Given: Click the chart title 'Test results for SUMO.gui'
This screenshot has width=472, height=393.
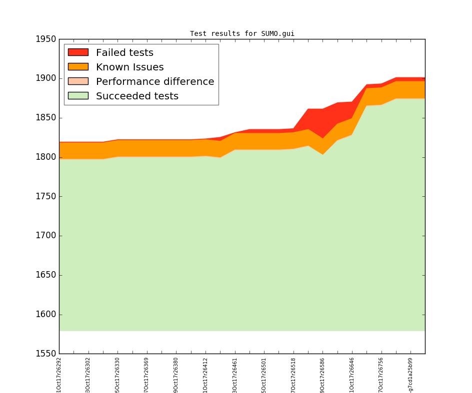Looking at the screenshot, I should click(x=242, y=34).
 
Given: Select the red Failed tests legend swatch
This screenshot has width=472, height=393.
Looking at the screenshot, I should click(x=78, y=52).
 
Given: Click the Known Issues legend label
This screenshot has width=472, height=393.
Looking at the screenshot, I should click(x=129, y=67).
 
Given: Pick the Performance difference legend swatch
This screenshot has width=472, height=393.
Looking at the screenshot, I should click(x=78, y=81).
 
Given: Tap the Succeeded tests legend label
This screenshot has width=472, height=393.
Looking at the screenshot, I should click(x=137, y=96).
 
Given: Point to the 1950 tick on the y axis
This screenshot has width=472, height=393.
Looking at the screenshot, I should click(x=45, y=39).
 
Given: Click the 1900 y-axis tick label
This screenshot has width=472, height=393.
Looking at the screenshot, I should click(x=45, y=78).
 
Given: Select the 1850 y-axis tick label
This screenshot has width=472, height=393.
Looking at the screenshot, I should click(x=45, y=118).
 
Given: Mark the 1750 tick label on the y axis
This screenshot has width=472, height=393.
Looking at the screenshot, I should click(x=45, y=196).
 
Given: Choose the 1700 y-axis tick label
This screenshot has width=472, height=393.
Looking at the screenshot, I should click(x=45, y=236).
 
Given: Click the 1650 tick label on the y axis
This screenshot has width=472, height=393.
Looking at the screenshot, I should click(x=45, y=275).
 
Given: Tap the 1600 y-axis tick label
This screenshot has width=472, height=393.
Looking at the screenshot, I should click(x=45, y=315).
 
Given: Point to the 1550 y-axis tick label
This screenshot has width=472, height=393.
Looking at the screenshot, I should click(x=45, y=354).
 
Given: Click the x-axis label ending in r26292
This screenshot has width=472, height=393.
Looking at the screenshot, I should click(x=59, y=374).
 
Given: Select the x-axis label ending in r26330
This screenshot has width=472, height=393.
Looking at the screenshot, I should click(x=117, y=374).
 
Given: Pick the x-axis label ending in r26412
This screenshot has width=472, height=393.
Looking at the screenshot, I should click(x=205, y=374).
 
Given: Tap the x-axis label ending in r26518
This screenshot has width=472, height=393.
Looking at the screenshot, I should click(x=293, y=374).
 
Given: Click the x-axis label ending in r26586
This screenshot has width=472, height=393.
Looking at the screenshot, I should click(x=322, y=374).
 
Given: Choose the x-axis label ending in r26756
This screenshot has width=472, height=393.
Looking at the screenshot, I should click(x=381, y=374).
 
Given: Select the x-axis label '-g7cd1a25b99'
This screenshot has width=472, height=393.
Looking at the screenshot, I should click(x=410, y=374).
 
